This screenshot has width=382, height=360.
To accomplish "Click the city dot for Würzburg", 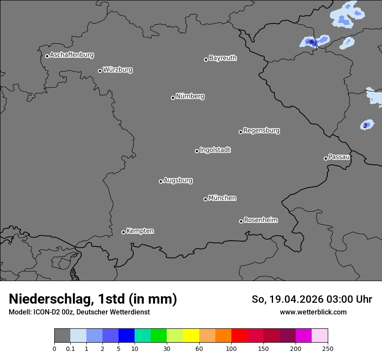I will (100, 71).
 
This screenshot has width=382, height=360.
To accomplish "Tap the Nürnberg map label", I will (190, 96).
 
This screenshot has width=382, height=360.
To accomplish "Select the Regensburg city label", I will (261, 130).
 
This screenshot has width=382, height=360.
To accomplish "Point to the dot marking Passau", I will (326, 158).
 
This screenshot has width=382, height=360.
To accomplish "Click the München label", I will (222, 198).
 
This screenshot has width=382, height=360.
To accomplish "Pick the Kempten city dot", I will (123, 232).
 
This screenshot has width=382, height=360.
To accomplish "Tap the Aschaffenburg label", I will (72, 55).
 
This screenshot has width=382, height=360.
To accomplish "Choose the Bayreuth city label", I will (223, 58).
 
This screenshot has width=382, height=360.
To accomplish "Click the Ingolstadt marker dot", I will (197, 151).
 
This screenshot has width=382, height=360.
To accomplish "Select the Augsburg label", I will (178, 180).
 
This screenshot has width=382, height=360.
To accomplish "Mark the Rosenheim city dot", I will (241, 222).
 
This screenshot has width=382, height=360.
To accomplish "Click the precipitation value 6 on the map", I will (312, 42).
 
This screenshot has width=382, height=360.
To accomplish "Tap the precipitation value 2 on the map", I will (365, 125).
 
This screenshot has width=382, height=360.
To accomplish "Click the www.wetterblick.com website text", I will (313, 312).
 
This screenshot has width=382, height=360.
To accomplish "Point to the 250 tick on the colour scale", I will (328, 348).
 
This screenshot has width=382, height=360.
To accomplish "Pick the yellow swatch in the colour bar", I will (191, 336).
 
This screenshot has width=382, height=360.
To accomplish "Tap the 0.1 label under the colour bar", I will (70, 348).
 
